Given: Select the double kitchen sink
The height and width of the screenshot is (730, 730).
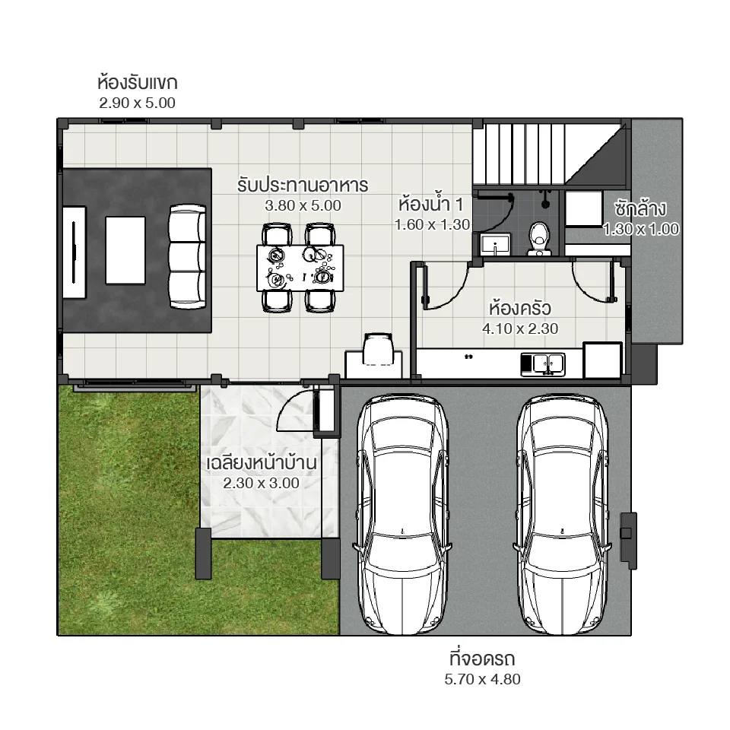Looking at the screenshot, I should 542,363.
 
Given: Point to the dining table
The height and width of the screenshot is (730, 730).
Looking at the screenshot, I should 300,267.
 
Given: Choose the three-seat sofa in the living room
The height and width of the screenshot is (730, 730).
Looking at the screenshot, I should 187,256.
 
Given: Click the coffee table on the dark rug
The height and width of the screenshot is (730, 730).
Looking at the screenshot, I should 125,249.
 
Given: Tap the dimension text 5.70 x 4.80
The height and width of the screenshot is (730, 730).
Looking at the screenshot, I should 483,680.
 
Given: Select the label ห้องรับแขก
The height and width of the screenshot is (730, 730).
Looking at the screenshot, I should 138,82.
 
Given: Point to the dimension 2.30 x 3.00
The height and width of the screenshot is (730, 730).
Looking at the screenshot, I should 261,483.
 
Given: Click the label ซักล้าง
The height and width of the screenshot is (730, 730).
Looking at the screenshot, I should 641,208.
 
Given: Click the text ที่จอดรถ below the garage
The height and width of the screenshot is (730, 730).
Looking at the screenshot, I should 483,659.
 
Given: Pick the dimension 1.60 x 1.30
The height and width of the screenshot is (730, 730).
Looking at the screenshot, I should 432,224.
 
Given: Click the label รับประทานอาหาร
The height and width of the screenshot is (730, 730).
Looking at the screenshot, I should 303,185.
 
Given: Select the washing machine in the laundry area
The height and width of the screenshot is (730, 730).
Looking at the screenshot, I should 584,208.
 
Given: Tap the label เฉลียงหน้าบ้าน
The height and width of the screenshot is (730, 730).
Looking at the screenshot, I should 261,462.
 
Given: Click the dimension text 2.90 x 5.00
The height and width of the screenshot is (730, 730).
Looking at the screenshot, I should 138,103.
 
